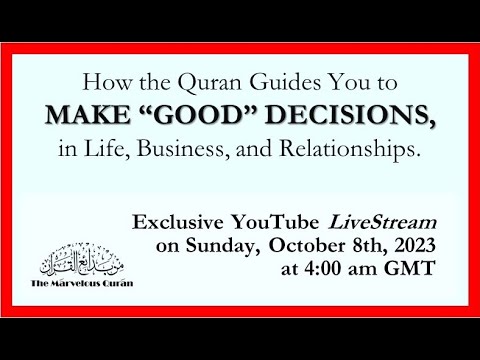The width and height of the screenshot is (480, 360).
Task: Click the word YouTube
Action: [301, 219]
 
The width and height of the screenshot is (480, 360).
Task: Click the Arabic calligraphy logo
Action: [89, 262]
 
